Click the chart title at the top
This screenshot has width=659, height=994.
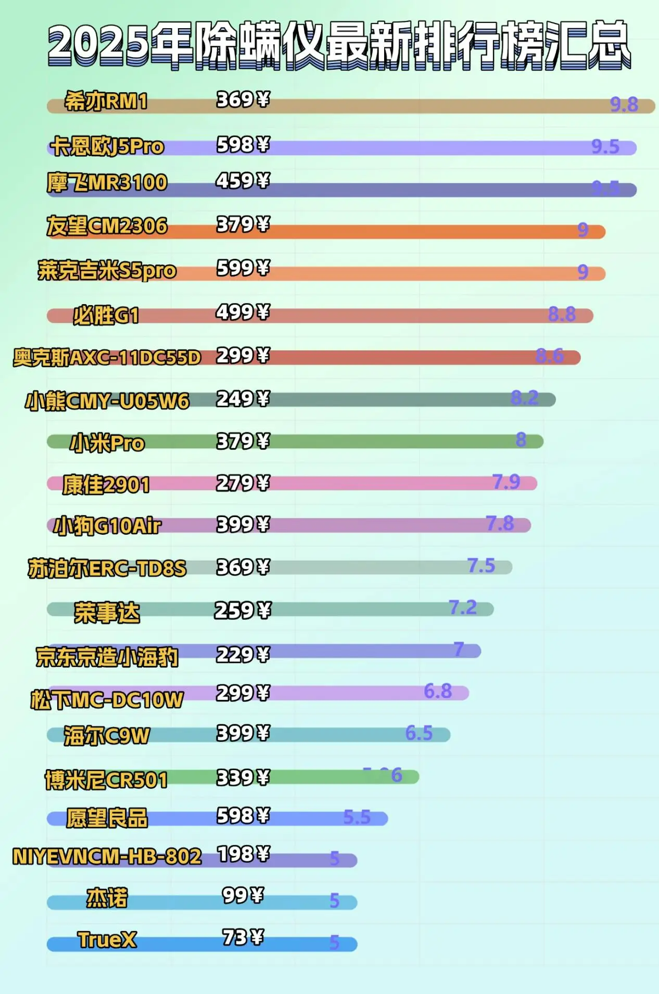click(338, 44)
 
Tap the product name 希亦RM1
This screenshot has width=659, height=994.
click(106, 101)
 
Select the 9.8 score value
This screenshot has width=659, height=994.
click(624, 105)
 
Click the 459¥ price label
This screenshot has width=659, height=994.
click(243, 181)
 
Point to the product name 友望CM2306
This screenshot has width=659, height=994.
click(107, 226)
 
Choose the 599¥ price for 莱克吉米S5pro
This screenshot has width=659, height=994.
click(243, 268)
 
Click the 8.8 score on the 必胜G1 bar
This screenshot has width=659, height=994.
click(562, 314)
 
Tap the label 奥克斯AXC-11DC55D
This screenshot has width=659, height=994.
click(107, 358)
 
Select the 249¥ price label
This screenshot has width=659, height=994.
click(243, 399)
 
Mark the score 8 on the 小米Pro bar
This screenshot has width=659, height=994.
click(521, 440)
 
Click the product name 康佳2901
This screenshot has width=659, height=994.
click(106, 485)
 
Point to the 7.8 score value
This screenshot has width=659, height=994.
click(500, 523)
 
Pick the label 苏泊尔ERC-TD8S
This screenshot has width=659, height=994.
click(107, 569)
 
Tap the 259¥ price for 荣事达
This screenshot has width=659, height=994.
click(243, 610)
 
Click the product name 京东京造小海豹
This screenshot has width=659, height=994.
click(107, 657)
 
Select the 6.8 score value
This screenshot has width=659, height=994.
click(438, 691)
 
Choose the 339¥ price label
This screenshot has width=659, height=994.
click(243, 777)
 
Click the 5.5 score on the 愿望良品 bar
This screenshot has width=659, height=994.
click(357, 817)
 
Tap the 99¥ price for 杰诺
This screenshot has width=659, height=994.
click(243, 896)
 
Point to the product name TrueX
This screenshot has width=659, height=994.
click(107, 940)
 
